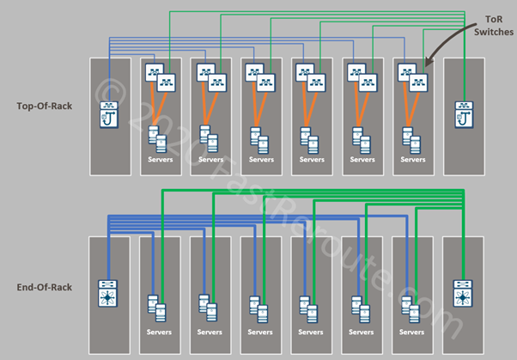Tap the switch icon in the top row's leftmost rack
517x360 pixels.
point(110,112)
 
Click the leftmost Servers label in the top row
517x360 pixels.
point(160,159)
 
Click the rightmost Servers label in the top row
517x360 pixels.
point(412,159)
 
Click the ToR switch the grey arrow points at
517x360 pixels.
point(420,82)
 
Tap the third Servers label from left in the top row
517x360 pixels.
point(260,159)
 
